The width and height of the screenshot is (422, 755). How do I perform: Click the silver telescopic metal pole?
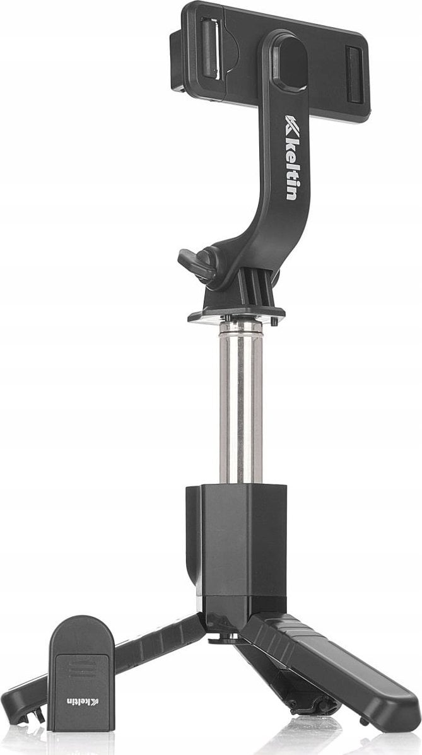240,404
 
